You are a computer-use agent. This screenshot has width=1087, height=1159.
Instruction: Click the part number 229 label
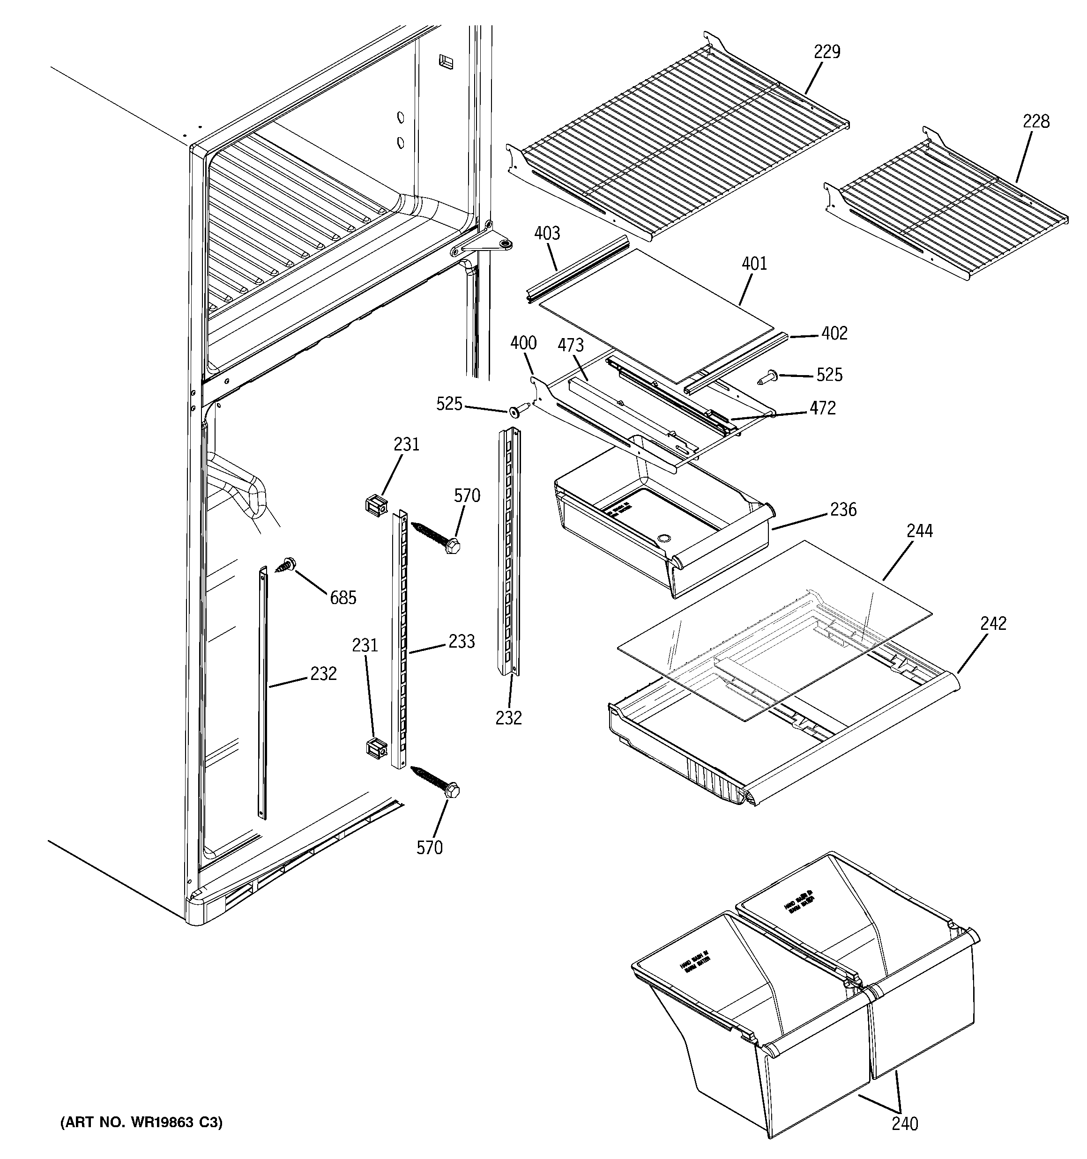(x=827, y=52)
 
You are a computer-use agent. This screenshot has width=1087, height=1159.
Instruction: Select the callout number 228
(x=1035, y=122)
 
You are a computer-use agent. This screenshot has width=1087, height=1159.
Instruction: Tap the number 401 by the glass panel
(x=754, y=264)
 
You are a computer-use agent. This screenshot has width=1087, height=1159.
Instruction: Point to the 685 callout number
(x=342, y=598)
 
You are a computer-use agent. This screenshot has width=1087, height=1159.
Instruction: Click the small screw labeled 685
(x=287, y=564)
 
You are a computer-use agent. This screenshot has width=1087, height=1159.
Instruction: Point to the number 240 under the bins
(x=904, y=1123)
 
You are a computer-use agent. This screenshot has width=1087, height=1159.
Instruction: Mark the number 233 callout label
(x=461, y=642)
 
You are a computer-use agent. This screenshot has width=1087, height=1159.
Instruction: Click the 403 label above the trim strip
(x=547, y=234)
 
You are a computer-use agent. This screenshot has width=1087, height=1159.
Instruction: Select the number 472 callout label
(x=822, y=408)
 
